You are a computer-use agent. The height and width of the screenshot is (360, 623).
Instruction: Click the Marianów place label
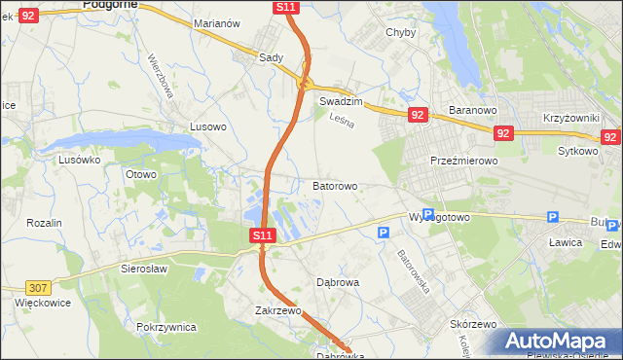point(216,23)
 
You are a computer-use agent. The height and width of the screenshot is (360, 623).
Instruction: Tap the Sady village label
point(271,57)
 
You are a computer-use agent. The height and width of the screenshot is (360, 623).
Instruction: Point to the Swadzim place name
point(341,101)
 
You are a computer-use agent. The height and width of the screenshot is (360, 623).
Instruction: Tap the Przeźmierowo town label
point(464,162)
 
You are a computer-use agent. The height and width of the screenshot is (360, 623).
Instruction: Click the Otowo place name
point(141,174)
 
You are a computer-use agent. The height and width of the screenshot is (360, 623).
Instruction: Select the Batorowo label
point(335,185)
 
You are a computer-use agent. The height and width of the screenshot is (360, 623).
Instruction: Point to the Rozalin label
point(44,223)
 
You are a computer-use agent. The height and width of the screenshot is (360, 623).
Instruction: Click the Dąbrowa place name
point(339,282)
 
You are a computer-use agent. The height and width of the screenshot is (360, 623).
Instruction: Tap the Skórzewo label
point(474,324)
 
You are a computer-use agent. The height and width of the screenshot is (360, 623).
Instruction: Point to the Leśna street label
point(341,121)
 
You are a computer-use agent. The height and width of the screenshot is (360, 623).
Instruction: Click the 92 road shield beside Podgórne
point(28,16)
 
